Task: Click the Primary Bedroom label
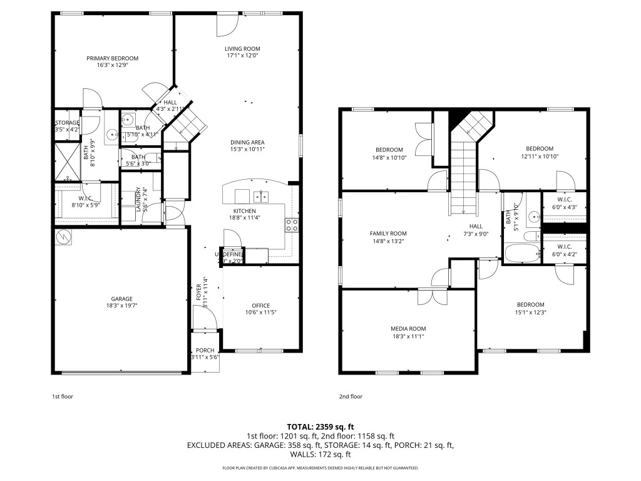pyautogui.click(x=113, y=58)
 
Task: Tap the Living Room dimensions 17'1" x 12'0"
pyautogui.click(x=243, y=56)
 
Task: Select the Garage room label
pyautogui.click(x=122, y=299)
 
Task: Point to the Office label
pyautogui.click(x=260, y=306)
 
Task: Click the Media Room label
pyautogui.click(x=408, y=329)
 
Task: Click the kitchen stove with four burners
pyautogui.click(x=292, y=225)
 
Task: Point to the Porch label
pyautogui.click(x=205, y=350)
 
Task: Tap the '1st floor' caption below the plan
pyautogui.click(x=63, y=396)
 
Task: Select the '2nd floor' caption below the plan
pyautogui.click(x=351, y=396)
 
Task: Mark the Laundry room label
pyautogui.click(x=138, y=199)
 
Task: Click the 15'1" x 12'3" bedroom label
pyautogui.click(x=530, y=305)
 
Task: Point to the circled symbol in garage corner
pyautogui.click(x=63, y=236)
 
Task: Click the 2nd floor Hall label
pyautogui.click(x=476, y=226)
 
